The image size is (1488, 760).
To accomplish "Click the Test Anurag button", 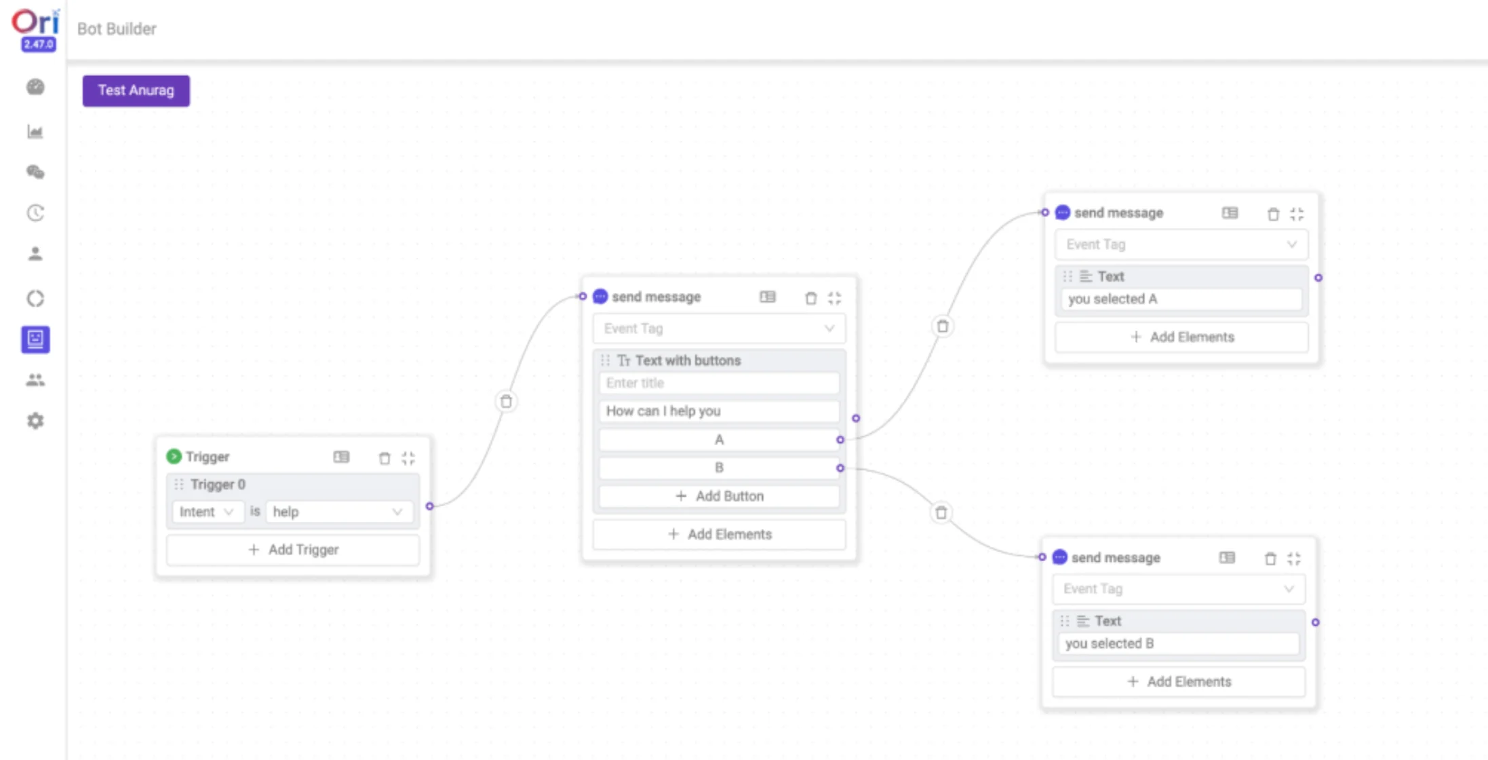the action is tap(136, 91).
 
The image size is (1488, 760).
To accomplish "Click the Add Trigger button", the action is tap(293, 550).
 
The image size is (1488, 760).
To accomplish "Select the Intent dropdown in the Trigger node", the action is tap(206, 512).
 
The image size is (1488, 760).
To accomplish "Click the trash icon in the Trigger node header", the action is tap(385, 458).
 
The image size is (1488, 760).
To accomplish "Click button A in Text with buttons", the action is tap(719, 440).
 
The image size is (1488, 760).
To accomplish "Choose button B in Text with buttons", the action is tap(719, 468).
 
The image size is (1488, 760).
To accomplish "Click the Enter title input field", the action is tap(719, 383).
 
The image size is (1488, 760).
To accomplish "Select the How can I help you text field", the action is tap(719, 411).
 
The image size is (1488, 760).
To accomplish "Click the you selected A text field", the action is tap(1181, 299).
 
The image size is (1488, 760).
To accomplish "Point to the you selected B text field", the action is tap(1178, 643).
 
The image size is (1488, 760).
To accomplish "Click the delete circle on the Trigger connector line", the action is tap(506, 402).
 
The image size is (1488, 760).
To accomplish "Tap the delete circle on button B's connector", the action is tap(941, 512).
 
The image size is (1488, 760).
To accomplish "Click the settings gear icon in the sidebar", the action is tap(35, 421).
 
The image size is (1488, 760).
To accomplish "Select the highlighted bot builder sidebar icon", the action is tap(35, 339).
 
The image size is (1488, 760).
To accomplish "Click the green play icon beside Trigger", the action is tap(174, 457).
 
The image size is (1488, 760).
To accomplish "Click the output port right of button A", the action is tap(840, 440).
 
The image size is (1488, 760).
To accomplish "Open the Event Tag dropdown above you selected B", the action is tap(1178, 589).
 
